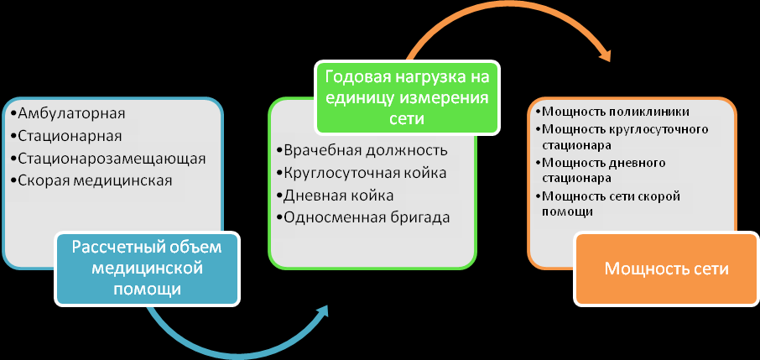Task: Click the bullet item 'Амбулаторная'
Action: pyautogui.click(x=67, y=113)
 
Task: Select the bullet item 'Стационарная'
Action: pyautogui.click(x=65, y=136)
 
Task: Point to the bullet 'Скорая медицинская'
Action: pyautogui.click(x=91, y=180)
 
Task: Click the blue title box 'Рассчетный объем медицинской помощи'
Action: pyautogui.click(x=148, y=269)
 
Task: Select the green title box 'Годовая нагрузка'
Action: pyautogui.click(x=407, y=97)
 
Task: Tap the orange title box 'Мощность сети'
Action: pyautogui.click(x=666, y=269)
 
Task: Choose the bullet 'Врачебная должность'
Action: pyautogui.click(x=362, y=150)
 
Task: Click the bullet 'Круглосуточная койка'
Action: pyautogui.click(x=362, y=173)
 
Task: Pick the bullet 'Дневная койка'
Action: pyautogui.click(x=335, y=196)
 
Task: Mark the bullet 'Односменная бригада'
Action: pyautogui.click(x=363, y=217)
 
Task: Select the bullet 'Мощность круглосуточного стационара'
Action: pyautogui.click(x=622, y=138)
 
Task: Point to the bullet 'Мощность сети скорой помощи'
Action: pyautogui.click(x=608, y=204)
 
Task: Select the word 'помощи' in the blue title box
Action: pyautogui.click(x=148, y=290)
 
